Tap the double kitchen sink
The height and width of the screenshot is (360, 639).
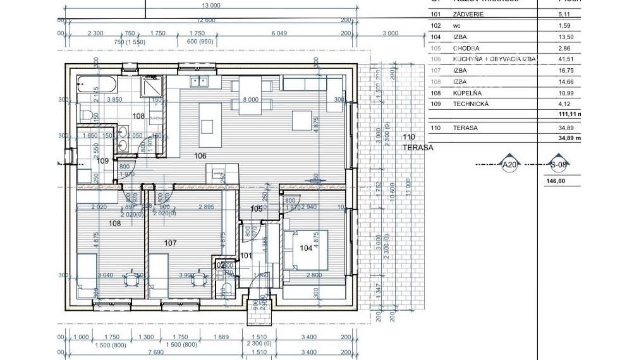[200, 81]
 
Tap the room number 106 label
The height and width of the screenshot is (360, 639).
[200, 155]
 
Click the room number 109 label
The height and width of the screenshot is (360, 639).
[102, 161]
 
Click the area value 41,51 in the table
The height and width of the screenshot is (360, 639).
[564, 59]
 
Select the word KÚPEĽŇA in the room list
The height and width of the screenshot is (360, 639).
[466, 93]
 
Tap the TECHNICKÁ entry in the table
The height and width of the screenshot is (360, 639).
[470, 104]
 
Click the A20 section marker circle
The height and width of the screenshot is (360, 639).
[509, 165]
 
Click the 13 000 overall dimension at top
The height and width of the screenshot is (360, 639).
[211, 5]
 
